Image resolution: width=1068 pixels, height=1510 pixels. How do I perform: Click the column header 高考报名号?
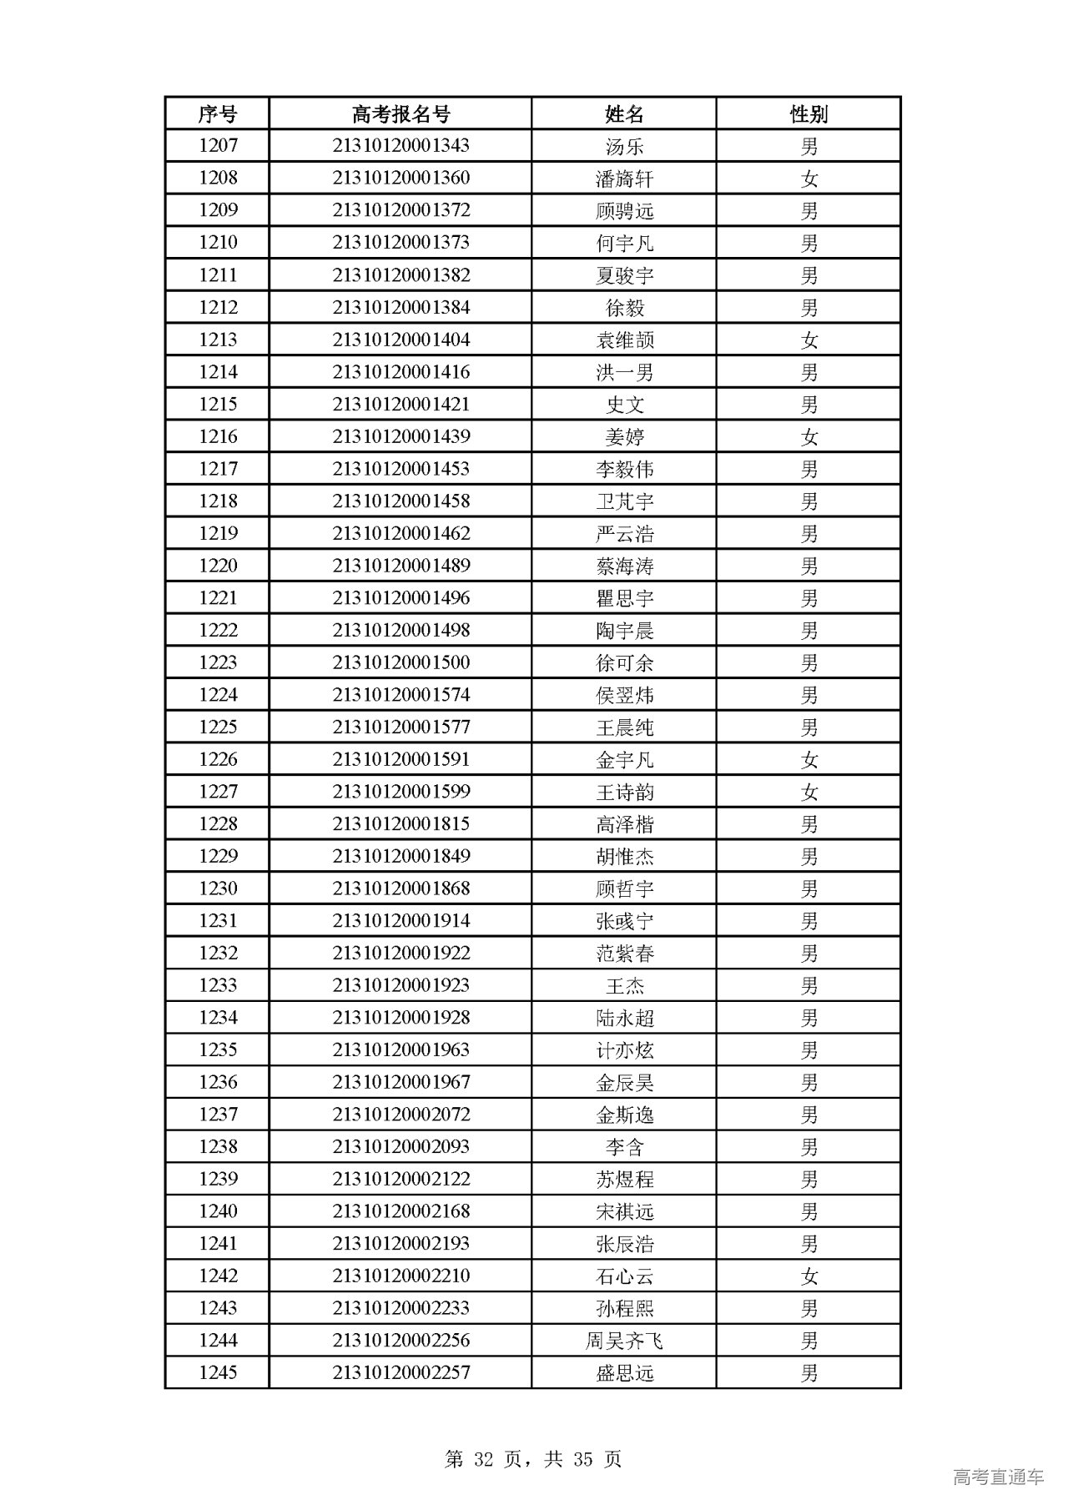point(400,113)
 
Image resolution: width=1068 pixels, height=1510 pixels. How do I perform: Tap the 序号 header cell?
point(218,113)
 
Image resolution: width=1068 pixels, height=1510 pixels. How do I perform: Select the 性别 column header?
point(809,113)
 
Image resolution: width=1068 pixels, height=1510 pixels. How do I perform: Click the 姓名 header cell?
point(624,113)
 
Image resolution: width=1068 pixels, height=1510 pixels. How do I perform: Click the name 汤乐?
point(624,146)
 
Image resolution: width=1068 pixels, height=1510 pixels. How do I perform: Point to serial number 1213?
point(218,340)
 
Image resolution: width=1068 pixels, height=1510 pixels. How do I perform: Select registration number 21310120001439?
point(400,436)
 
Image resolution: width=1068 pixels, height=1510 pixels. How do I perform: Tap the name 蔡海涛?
point(624,566)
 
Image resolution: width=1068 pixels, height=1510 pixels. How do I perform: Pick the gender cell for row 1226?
point(809,759)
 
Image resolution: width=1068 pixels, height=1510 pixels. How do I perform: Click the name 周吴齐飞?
point(624,1341)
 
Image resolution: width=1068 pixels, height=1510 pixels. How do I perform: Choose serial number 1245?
point(218,1372)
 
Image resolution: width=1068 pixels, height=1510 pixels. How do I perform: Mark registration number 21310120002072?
point(400,1115)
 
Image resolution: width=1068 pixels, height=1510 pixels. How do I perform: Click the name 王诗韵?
point(624,792)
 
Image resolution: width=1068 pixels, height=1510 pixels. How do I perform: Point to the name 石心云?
point(624,1276)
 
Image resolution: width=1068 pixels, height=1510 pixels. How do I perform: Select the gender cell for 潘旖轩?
point(809,178)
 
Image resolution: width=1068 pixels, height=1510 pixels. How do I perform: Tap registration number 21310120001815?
point(400,824)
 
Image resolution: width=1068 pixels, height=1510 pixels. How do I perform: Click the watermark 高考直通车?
point(997,1477)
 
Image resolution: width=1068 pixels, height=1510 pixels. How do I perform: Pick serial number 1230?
point(218,888)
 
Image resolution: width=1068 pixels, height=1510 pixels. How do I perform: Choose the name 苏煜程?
point(624,1179)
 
